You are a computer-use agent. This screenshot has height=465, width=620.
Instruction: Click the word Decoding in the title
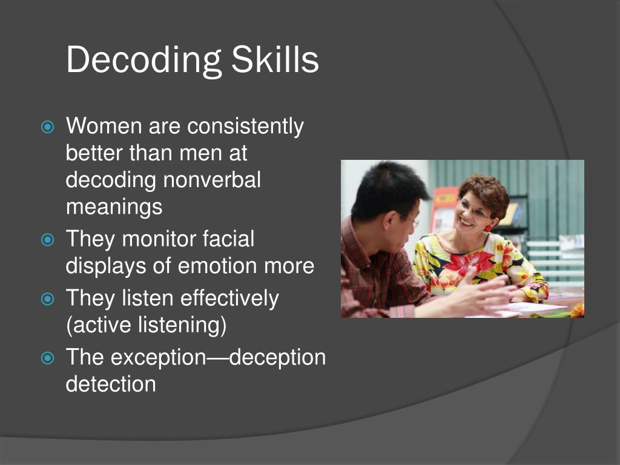tap(143, 61)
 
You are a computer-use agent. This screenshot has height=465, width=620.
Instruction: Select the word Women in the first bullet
tap(104, 127)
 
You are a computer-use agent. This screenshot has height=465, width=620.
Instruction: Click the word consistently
tap(245, 127)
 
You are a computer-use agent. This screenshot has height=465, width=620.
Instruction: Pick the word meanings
tap(114, 207)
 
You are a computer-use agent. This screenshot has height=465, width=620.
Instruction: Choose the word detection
tap(111, 384)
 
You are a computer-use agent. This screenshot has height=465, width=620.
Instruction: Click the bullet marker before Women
tap(48, 127)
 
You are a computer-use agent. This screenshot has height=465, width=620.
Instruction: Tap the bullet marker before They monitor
tap(48, 239)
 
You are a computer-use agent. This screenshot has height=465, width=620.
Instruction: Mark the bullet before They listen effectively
tap(48, 298)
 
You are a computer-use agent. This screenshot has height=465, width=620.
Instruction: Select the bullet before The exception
tap(48, 357)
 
